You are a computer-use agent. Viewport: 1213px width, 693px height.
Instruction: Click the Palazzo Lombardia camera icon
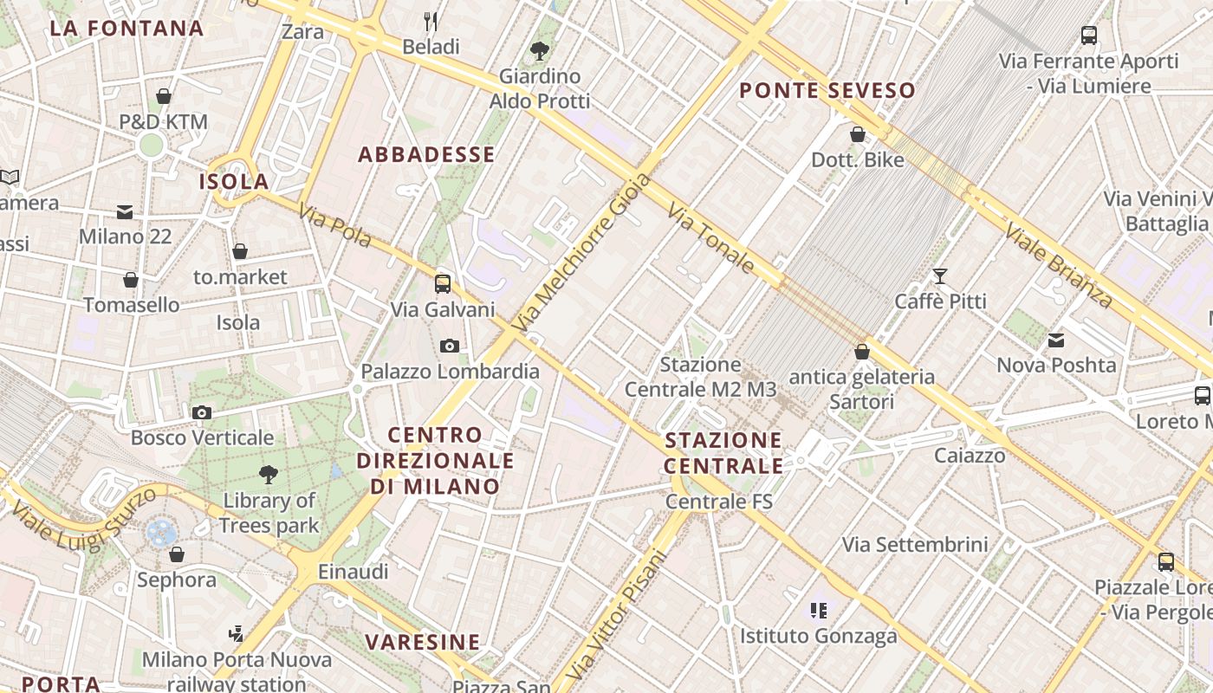tap(449, 346)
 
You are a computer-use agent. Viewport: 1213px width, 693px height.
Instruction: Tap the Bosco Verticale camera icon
tap(202, 412)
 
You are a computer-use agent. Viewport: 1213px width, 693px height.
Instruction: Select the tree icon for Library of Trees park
tap(269, 474)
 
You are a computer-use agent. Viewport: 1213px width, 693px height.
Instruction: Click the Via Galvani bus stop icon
tap(443, 283)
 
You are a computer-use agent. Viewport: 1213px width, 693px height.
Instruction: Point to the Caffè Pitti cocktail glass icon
tap(940, 276)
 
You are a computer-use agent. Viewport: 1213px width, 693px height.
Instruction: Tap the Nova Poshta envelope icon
tap(1056, 340)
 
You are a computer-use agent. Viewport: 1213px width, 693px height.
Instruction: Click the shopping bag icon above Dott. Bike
tap(858, 134)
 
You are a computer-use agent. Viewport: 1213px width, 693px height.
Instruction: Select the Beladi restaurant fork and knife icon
tap(431, 21)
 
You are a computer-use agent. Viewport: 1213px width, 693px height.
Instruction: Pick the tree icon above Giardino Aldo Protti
tap(539, 51)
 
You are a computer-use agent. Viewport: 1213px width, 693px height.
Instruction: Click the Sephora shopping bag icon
tap(177, 554)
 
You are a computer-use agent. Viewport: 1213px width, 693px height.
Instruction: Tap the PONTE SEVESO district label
tap(827, 90)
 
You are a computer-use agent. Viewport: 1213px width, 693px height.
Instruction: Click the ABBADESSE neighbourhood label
tap(426, 155)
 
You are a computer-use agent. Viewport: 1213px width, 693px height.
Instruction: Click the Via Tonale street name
tap(711, 237)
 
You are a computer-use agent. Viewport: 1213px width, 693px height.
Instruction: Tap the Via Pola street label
tap(334, 224)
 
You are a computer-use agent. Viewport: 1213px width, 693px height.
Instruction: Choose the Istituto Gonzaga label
tap(818, 637)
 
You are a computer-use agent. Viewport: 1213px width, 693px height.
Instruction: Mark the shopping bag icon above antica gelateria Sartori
tap(862, 352)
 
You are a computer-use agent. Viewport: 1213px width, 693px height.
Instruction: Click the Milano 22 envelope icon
tap(125, 212)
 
